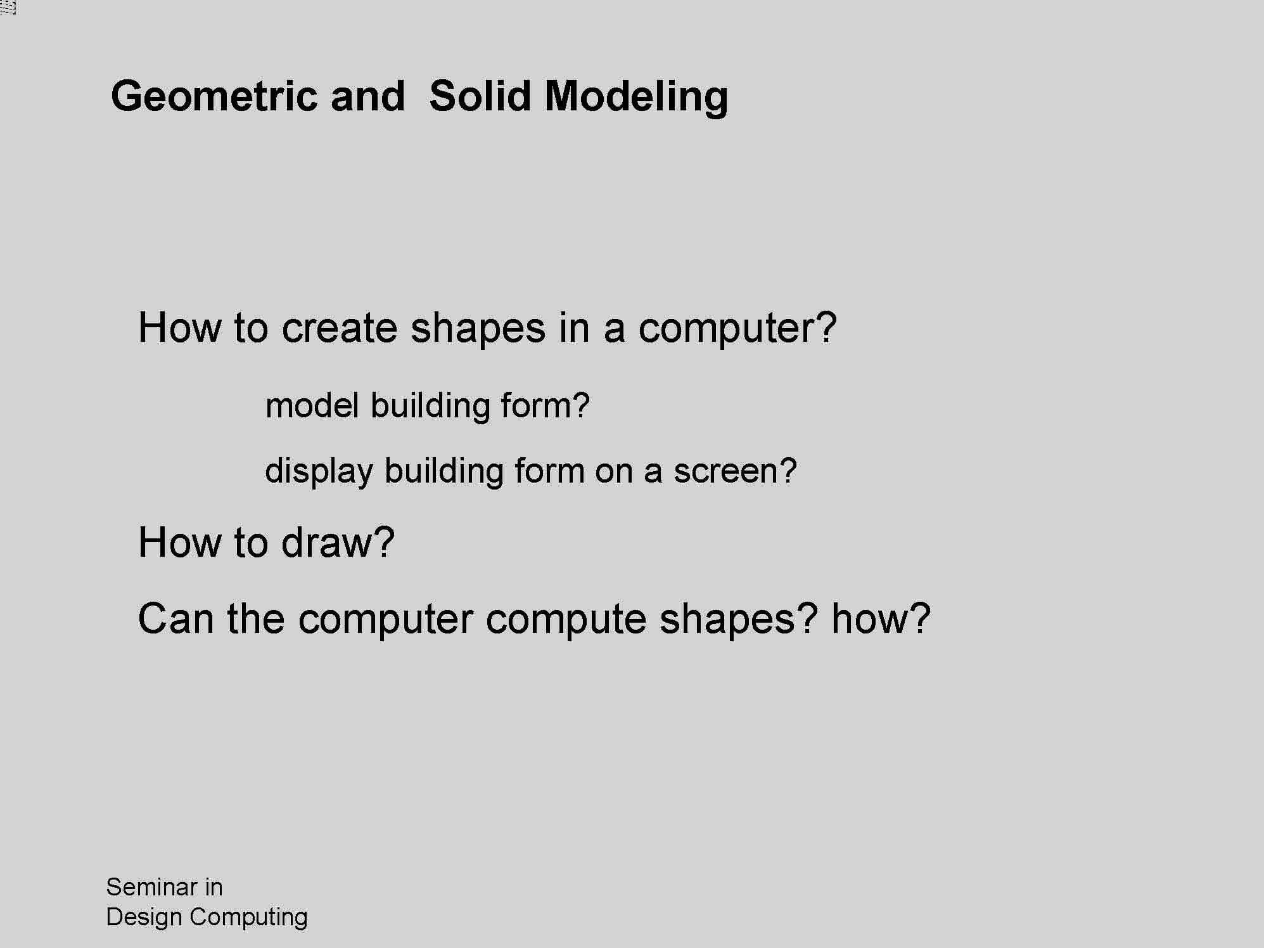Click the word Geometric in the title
(214, 97)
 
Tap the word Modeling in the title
(636, 97)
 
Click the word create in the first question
(339, 328)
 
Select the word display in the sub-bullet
(319, 471)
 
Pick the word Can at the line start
(175, 618)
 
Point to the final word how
(871, 618)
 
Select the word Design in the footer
(144, 917)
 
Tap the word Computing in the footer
(248, 918)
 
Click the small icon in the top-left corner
(8, 8)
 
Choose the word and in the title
(367, 96)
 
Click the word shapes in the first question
(478, 329)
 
